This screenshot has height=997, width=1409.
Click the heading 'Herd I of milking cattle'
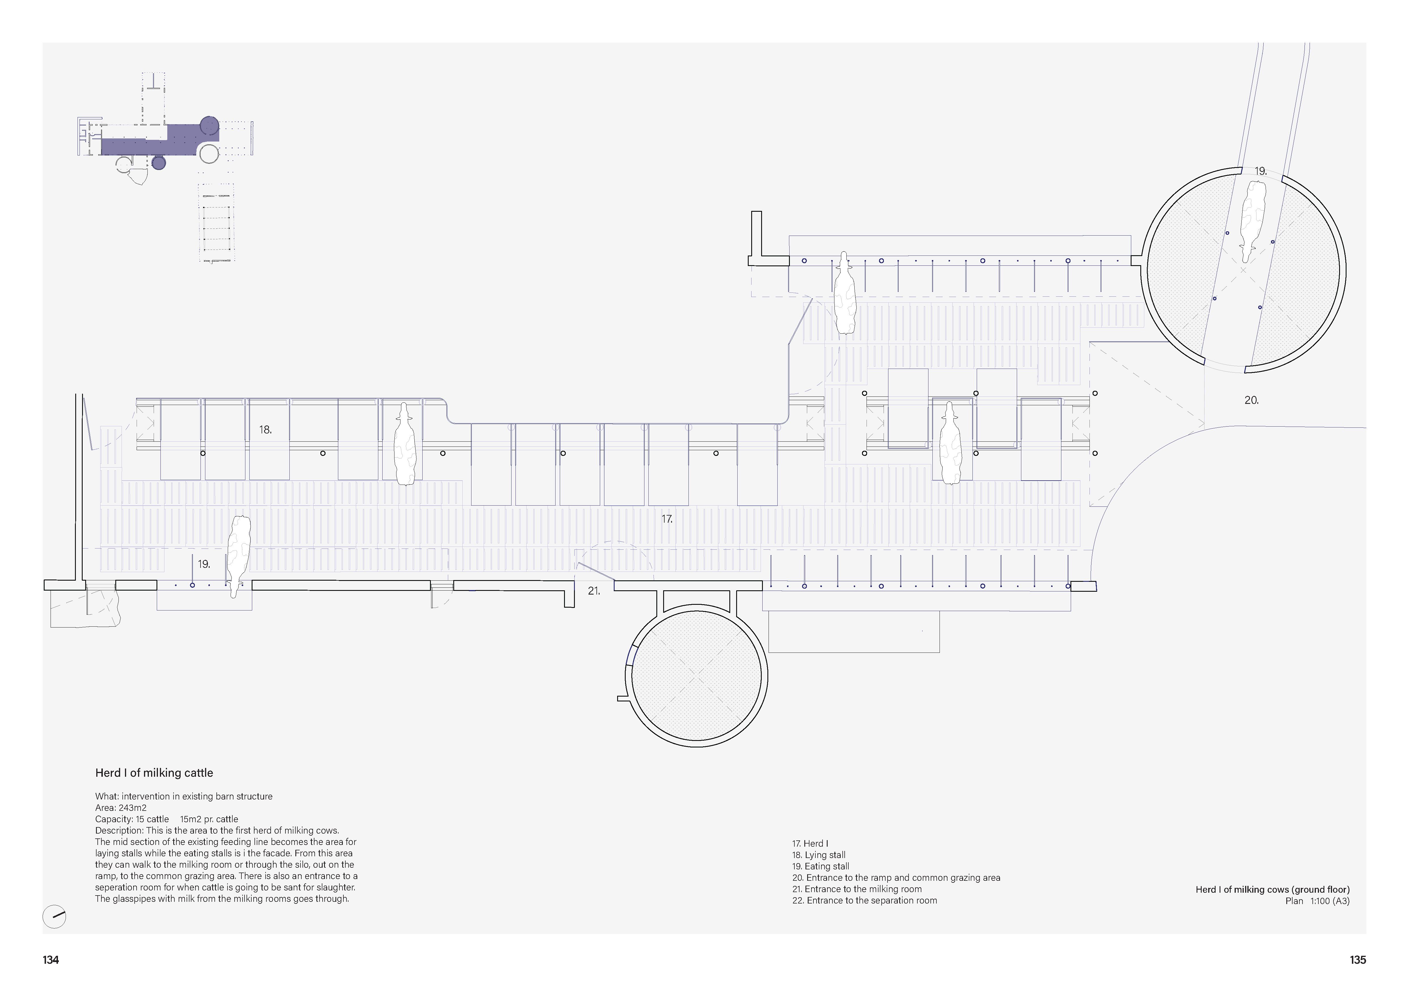pyautogui.click(x=154, y=773)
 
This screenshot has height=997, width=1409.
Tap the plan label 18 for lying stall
pyautogui.click(x=265, y=430)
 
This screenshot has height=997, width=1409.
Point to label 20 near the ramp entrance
pyautogui.click(x=1251, y=400)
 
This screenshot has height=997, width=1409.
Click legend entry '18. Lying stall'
pyautogui.click(x=819, y=855)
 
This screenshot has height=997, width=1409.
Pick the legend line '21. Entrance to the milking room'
pyautogui.click(x=857, y=889)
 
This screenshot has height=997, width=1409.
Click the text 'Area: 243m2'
pyautogui.click(x=121, y=808)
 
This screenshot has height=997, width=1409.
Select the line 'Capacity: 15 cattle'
pyautogui.click(x=132, y=819)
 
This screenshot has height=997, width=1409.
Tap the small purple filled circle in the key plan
pyautogui.click(x=159, y=163)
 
